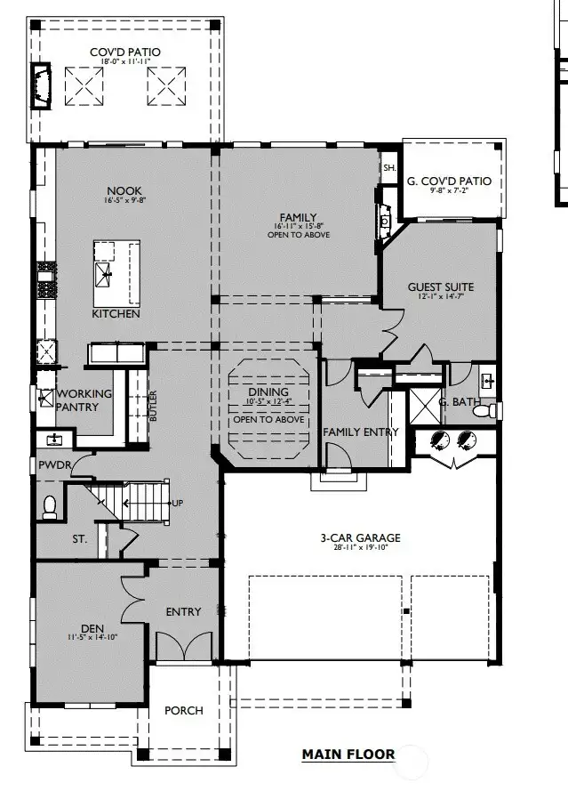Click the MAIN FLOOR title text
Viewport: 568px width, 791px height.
coord(348,755)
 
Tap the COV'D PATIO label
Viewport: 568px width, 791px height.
coord(125,52)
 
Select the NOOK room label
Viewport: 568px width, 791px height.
coord(124,190)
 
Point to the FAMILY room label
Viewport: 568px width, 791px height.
coord(299,217)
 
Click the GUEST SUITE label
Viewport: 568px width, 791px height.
coord(440,287)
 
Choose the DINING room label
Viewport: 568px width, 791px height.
coord(268,391)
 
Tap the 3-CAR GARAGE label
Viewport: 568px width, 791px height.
coord(360,537)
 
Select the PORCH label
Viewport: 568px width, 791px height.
coord(183,710)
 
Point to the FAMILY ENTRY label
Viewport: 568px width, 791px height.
coord(360,432)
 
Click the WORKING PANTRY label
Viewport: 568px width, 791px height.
coord(84,400)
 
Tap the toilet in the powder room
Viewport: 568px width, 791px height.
coord(50,506)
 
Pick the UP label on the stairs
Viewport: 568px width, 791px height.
coord(177,504)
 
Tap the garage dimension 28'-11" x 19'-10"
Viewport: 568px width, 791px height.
coord(360,548)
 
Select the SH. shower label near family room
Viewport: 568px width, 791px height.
coord(388,168)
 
